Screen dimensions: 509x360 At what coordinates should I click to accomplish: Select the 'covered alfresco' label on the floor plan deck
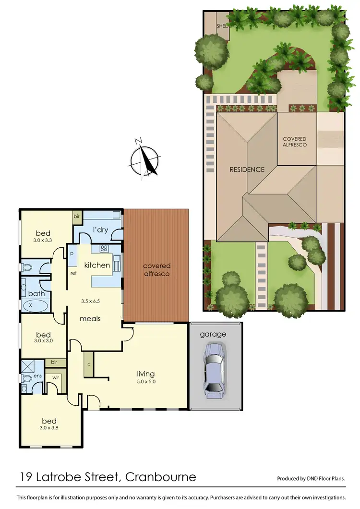pyautogui.click(x=157, y=269)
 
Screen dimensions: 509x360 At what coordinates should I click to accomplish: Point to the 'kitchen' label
pyautogui.click(x=97, y=265)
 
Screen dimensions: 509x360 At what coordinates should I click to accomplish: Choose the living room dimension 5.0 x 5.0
pyautogui.click(x=145, y=382)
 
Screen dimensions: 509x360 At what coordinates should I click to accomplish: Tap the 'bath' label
pyautogui.click(x=36, y=293)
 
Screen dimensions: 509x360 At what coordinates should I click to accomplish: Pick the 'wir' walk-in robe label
pyautogui.click(x=56, y=378)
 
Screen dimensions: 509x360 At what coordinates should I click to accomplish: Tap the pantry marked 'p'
pyautogui.click(x=72, y=253)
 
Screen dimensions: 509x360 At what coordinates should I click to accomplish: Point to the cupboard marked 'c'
pyautogui.click(x=89, y=364)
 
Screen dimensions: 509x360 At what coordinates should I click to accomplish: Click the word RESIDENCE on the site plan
pyautogui.click(x=247, y=169)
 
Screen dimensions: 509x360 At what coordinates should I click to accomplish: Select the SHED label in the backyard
pyautogui.click(x=222, y=26)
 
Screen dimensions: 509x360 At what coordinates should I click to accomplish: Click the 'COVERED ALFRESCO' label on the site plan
pyautogui.click(x=295, y=142)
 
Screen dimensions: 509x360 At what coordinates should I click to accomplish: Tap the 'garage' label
pyautogui.click(x=213, y=334)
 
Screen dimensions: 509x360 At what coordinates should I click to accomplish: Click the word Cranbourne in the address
pyautogui.click(x=160, y=477)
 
